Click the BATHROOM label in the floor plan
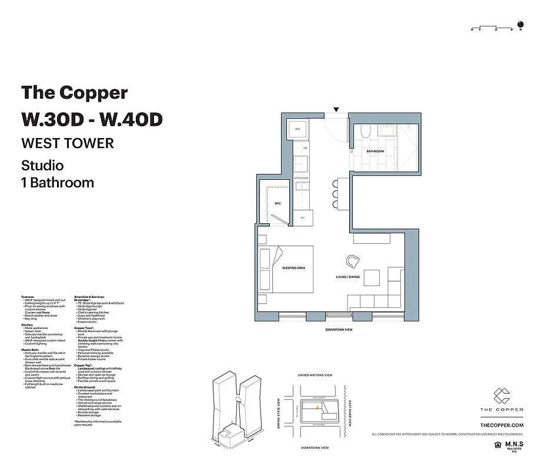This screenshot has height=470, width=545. [375, 152]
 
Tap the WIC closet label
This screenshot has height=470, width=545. [277, 203]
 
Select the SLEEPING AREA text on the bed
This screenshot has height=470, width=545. [293, 268]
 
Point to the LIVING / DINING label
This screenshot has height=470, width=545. [347, 277]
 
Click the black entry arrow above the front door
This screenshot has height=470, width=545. [336, 109]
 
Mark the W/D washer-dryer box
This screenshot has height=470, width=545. [297, 129]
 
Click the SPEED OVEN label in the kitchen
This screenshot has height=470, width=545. [302, 177]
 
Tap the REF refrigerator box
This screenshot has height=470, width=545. [302, 218]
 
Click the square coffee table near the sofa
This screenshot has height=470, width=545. [372, 277]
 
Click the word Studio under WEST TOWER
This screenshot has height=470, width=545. [42, 165]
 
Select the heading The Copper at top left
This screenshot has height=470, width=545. [74, 93]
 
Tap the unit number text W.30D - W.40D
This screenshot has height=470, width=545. [91, 119]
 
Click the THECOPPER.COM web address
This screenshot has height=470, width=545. [501, 425]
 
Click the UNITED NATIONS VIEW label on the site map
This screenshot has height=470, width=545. [315, 375]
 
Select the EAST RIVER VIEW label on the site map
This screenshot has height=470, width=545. [349, 414]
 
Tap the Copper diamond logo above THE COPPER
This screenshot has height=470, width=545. [501, 395]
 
